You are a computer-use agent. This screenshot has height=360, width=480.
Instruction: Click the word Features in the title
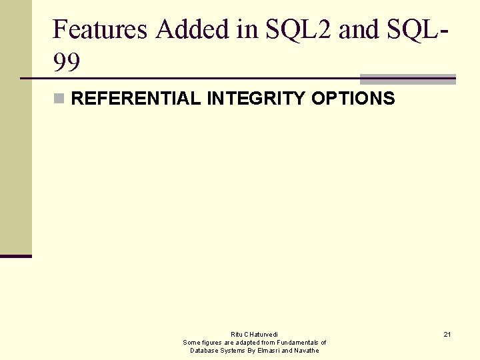tap(99, 29)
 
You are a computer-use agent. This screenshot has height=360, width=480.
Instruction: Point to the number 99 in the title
tap(66, 63)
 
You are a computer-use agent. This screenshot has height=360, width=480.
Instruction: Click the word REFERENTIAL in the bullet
tap(135, 99)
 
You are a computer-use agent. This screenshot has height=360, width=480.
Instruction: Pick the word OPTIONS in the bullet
tap(353, 99)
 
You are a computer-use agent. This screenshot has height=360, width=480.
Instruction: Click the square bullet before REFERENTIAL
tap(59, 99)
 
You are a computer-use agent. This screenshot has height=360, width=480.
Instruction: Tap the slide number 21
tap(447, 334)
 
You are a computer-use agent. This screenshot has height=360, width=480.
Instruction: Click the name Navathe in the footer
tap(306, 350)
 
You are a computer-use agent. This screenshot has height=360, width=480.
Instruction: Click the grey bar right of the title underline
tap(407, 79)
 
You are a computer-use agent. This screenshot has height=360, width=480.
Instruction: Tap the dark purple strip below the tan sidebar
tap(15, 255)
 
